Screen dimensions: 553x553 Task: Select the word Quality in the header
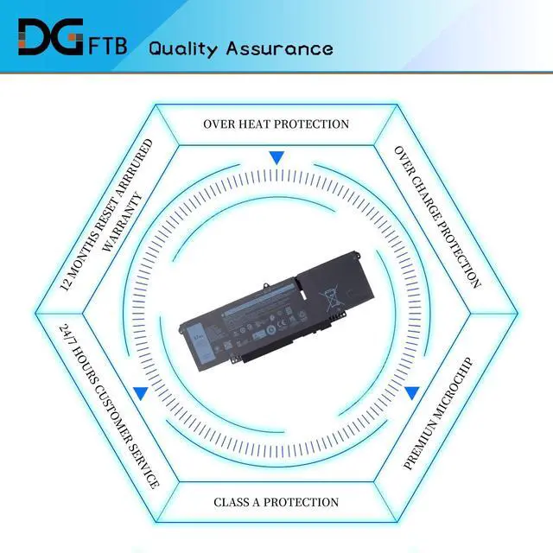[184, 48]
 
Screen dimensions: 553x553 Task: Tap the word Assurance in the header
[279, 48]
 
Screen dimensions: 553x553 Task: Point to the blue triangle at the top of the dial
[276, 158]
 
